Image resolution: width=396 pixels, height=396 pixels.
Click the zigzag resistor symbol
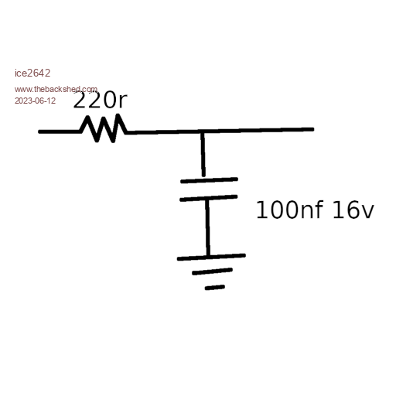tap(103, 128)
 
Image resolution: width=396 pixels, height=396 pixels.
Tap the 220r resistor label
tap(101, 100)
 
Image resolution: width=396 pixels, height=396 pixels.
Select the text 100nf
tap(289, 210)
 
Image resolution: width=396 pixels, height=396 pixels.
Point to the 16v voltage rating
tap(353, 210)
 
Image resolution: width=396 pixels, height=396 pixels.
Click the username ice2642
tap(32, 73)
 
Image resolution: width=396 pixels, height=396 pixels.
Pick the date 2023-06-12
tap(35, 101)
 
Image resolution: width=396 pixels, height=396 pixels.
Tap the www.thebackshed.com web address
tap(56, 90)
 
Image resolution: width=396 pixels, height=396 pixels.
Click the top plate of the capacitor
tap(209, 180)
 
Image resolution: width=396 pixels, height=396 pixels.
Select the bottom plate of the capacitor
tap(208, 198)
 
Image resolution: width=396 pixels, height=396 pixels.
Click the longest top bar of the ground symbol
tap(211, 257)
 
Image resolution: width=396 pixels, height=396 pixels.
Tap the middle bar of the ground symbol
tap(212, 271)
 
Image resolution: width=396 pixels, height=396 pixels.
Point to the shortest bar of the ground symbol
tap(215, 288)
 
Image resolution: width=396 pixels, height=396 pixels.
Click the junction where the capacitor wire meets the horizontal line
tap(203, 131)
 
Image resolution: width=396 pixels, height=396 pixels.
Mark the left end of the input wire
tap(39, 131)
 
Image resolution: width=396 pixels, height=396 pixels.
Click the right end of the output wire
tap(312, 129)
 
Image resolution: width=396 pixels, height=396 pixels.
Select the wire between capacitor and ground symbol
tap(208, 227)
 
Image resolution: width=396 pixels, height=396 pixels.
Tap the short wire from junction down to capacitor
tap(203, 155)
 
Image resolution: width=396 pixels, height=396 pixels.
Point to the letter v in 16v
tap(367, 213)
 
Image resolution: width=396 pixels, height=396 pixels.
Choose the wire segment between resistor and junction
tap(165, 132)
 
